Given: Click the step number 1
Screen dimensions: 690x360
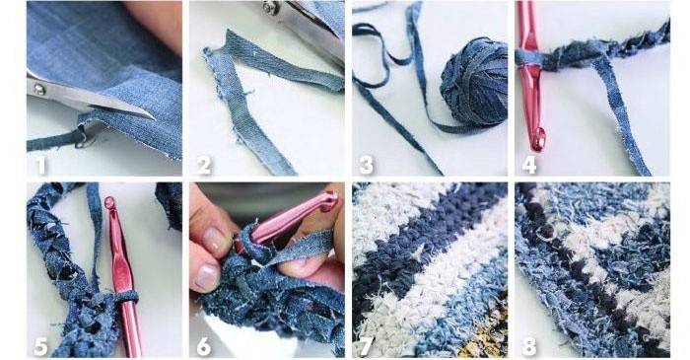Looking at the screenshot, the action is click(41, 166).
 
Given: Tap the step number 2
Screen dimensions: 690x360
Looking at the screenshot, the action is click(203, 166).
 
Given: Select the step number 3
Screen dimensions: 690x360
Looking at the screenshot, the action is click(366, 166).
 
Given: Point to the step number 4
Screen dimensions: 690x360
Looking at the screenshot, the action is click(529, 166).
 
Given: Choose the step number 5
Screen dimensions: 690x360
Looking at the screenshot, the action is click(40, 347).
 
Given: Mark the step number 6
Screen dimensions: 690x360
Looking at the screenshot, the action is click(203, 347).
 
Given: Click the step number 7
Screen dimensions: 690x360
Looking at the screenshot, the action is click(367, 347).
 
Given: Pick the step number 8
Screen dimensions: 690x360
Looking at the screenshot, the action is click(529, 347).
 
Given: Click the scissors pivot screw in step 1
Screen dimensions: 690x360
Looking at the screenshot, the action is click(39, 90).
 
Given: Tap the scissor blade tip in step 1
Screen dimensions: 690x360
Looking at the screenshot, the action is click(154, 118).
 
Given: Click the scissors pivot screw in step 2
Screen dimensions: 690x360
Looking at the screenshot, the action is click(271, 8).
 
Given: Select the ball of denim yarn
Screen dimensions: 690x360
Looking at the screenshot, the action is click(474, 82).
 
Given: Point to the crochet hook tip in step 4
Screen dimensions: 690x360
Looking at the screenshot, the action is click(538, 140).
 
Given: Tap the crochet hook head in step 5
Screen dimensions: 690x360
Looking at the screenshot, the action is click(110, 204).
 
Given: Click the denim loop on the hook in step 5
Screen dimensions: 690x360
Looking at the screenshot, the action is click(123, 297).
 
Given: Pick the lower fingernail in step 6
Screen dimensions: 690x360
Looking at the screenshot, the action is click(206, 278).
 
